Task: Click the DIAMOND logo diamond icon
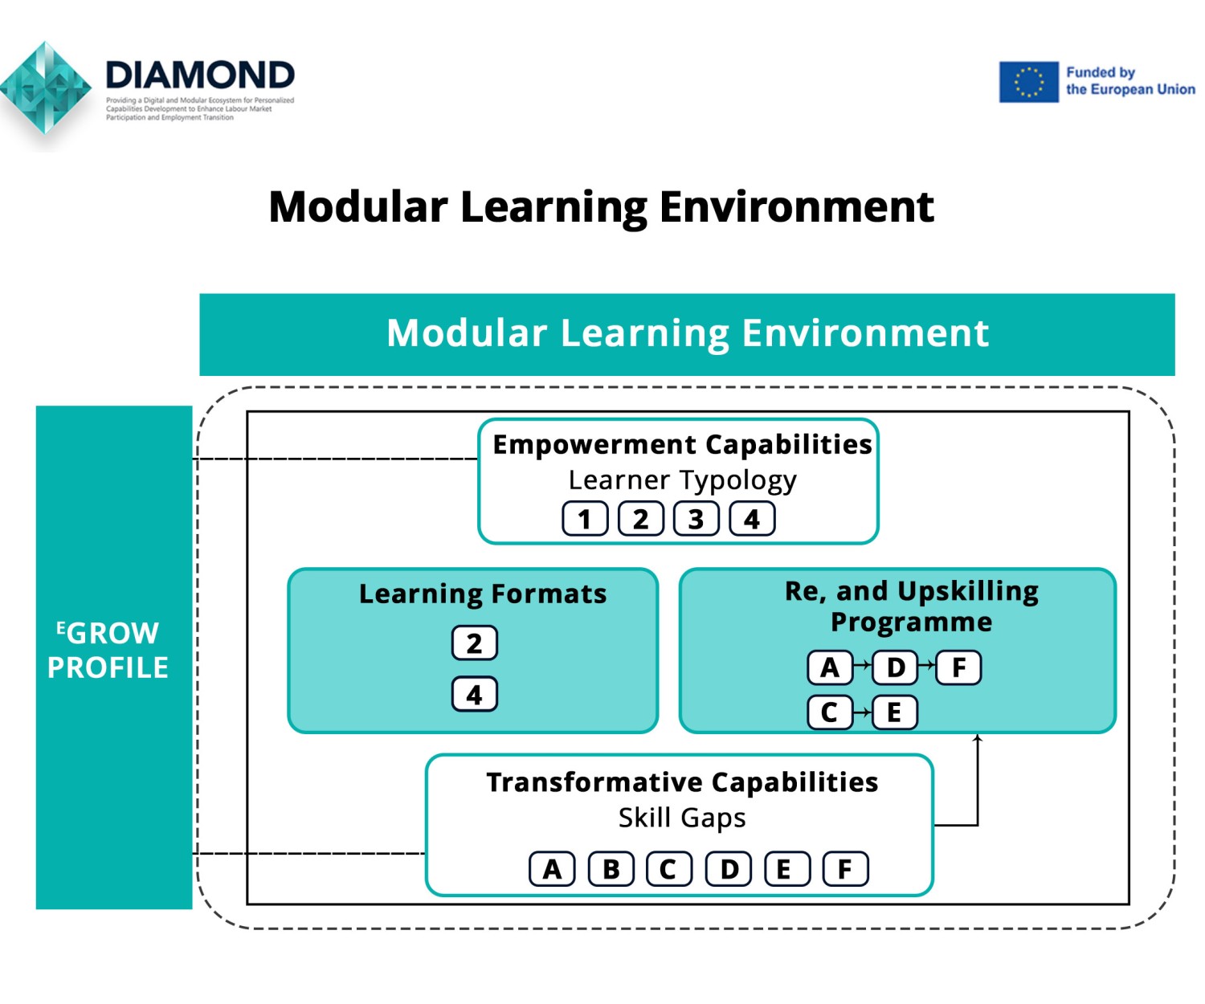click(x=46, y=88)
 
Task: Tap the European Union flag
click(x=1028, y=82)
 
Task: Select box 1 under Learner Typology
click(x=585, y=519)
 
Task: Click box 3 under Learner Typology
click(x=696, y=519)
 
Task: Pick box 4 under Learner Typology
click(x=752, y=519)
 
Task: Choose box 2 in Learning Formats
click(x=474, y=643)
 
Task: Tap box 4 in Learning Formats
click(x=474, y=695)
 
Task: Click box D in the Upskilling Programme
click(x=895, y=667)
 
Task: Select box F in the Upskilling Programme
click(x=958, y=667)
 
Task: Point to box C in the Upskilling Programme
click(x=829, y=712)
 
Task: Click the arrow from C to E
click(x=862, y=712)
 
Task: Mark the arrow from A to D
click(x=862, y=665)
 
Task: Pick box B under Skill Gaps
click(x=611, y=869)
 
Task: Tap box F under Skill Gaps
click(x=845, y=869)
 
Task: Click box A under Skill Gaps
click(x=552, y=869)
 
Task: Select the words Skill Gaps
click(x=682, y=818)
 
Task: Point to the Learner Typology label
click(x=682, y=480)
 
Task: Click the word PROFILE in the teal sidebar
click(x=108, y=667)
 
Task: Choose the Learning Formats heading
click(x=483, y=594)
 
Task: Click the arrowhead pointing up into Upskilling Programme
click(x=978, y=738)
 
